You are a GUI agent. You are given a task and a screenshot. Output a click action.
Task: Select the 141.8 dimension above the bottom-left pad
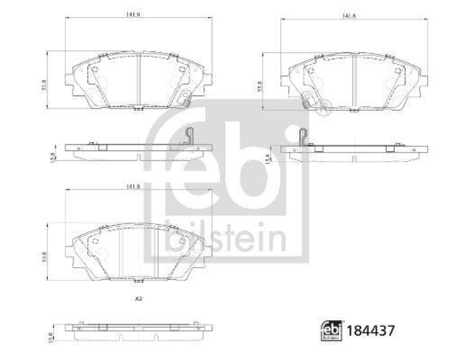(133, 187)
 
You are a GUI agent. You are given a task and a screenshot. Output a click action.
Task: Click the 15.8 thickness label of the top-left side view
(53, 156)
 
